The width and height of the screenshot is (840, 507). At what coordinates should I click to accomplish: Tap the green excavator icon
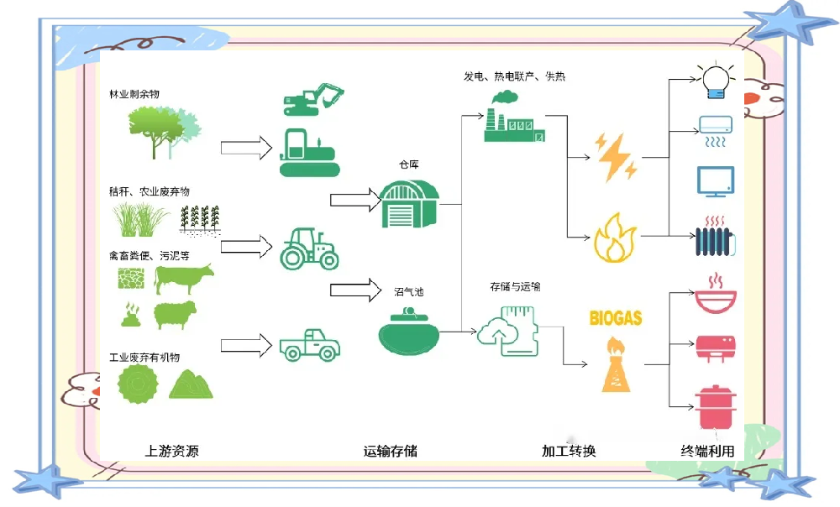click(313, 99)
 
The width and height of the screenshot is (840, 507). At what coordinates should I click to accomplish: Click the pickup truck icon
click(308, 343)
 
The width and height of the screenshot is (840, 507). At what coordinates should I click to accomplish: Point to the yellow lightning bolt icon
click(616, 155)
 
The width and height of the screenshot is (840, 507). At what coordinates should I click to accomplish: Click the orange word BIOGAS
click(616, 318)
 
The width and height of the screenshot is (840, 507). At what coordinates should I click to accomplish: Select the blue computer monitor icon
click(715, 181)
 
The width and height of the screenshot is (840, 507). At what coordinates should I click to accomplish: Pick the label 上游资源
click(171, 451)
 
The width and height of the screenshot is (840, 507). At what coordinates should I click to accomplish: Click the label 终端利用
click(707, 451)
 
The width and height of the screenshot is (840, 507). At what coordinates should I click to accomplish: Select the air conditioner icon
click(717, 126)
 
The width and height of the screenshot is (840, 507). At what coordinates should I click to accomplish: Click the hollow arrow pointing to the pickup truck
click(246, 344)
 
